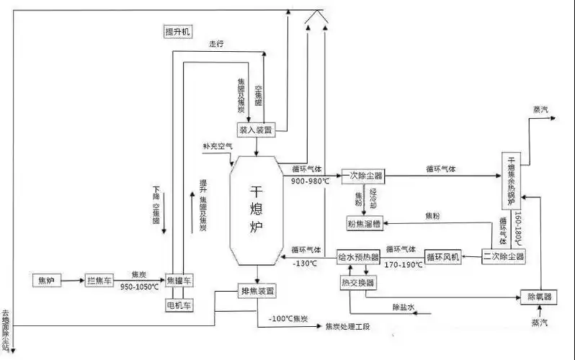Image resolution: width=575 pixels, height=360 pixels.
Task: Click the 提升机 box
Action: point(177,32)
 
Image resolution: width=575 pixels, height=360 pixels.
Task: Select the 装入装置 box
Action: point(257,130)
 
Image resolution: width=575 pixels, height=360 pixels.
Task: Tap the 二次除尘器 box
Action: point(503,256)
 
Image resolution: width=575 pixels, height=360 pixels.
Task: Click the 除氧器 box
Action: point(540,296)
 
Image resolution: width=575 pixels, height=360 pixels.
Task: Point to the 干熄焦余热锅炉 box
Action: point(511,181)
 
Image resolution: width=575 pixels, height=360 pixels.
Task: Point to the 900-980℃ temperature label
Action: point(310,181)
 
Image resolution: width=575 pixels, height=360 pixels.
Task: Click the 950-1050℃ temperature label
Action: point(139,286)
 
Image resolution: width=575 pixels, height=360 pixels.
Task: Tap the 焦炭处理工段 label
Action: point(347,326)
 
